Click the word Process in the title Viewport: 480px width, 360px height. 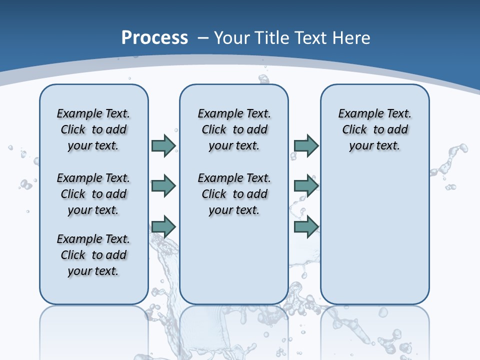(x=154, y=37)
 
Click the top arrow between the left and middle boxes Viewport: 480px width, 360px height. (x=163, y=145)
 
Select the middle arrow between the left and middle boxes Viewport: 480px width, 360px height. (x=163, y=186)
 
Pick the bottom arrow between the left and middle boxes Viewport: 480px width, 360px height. (x=163, y=226)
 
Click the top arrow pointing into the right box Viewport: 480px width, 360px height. (x=306, y=145)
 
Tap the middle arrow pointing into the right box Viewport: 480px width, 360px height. (x=306, y=186)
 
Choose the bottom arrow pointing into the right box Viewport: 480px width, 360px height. (x=306, y=226)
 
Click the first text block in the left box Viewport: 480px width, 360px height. (x=93, y=129)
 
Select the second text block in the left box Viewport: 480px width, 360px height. (x=93, y=194)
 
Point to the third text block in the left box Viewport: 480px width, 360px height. (x=93, y=255)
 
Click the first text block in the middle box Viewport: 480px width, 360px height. (x=234, y=129)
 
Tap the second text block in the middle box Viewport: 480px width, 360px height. (x=234, y=194)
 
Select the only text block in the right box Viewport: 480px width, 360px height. (x=374, y=129)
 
